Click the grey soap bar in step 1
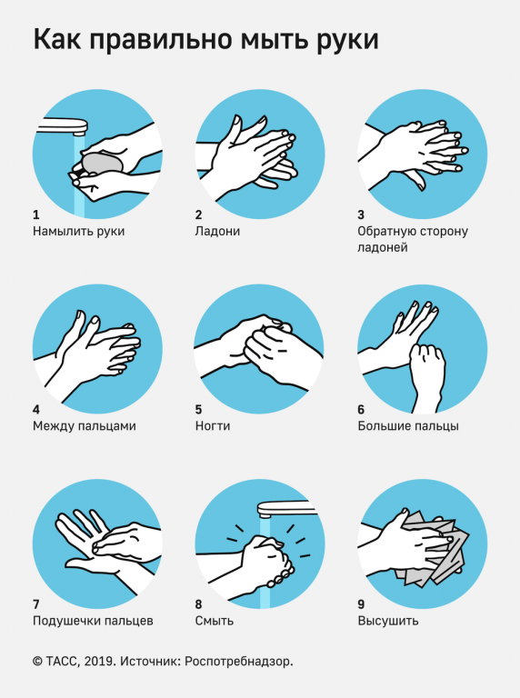point(103,163)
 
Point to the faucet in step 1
point(62,126)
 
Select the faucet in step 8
point(285,509)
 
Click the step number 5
point(198,409)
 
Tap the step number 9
point(361,604)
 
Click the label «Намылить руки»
point(79,232)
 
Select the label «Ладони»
point(217,232)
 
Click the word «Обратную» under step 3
point(387,232)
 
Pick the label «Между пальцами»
point(85,426)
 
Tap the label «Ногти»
point(213,426)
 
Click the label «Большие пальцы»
point(408,426)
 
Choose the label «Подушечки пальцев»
point(93,621)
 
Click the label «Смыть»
point(215,621)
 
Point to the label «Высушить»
point(388,621)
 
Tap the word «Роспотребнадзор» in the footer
point(238,662)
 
